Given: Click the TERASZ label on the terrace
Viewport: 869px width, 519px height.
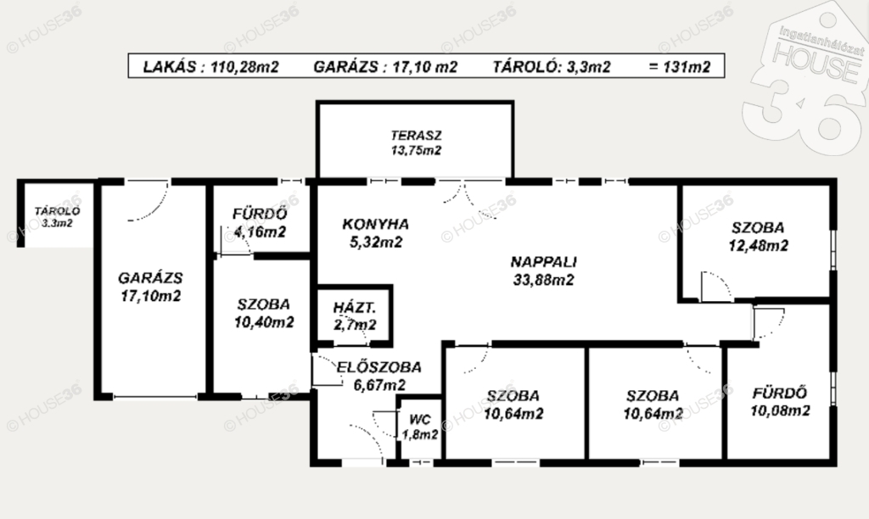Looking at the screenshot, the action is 416,135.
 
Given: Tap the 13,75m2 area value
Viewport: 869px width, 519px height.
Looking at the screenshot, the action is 416,150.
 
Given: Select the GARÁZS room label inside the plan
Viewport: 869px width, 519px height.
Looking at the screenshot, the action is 150,277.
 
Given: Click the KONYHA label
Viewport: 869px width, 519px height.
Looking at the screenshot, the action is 375,225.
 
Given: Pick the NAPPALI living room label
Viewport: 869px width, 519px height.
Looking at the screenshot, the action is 544,262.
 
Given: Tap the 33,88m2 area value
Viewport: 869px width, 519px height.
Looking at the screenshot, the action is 544,280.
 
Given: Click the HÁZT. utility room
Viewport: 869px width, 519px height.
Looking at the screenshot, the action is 355,315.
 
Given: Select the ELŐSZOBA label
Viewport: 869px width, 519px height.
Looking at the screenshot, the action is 379,366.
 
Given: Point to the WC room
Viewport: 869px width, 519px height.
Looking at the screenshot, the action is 419,427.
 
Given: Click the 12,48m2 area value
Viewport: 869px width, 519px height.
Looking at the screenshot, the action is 758,245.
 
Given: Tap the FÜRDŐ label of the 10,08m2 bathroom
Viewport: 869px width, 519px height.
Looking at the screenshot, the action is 779,393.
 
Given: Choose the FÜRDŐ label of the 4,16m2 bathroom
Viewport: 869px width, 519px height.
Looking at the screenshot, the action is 260,214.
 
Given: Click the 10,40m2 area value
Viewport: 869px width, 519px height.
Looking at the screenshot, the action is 264,321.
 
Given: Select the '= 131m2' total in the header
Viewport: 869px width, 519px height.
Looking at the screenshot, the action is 679,67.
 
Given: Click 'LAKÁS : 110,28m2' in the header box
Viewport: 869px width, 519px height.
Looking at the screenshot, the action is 210,67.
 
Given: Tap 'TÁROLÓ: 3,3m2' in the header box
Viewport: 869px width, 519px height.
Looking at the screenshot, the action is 552,67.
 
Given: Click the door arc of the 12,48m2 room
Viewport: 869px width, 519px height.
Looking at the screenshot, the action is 721,283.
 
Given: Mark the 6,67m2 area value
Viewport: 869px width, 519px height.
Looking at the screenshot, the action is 379,384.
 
